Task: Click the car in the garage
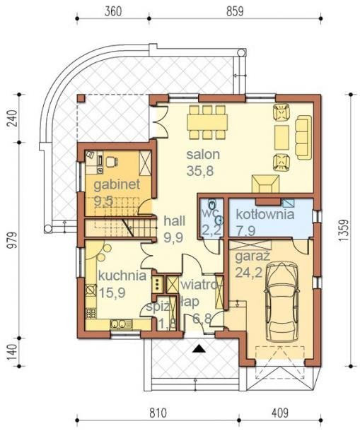[x=281, y=302]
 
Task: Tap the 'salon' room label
[x=203, y=155]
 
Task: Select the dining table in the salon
[x=207, y=122]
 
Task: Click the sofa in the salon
[x=303, y=138]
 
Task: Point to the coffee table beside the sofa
[x=281, y=138]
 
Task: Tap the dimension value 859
[x=235, y=11]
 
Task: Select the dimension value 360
[x=113, y=11]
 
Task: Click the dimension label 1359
[x=344, y=230]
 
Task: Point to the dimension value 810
[x=158, y=413]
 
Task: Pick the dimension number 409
[x=280, y=413]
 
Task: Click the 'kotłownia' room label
[x=265, y=214]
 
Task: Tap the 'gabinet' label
[x=117, y=184]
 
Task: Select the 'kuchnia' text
[x=122, y=276]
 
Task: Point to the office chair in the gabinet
[x=111, y=162]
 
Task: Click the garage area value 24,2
[x=248, y=273]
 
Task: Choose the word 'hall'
[x=175, y=221]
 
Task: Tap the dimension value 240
[x=12, y=118]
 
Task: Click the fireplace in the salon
[x=265, y=184]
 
